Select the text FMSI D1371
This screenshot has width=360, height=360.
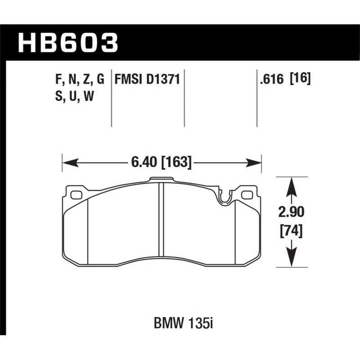tap(147, 80)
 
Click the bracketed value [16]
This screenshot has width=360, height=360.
tap(301, 80)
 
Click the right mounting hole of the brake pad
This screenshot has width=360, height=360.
tap(246, 195)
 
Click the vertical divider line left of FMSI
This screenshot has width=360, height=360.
tap(112, 99)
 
